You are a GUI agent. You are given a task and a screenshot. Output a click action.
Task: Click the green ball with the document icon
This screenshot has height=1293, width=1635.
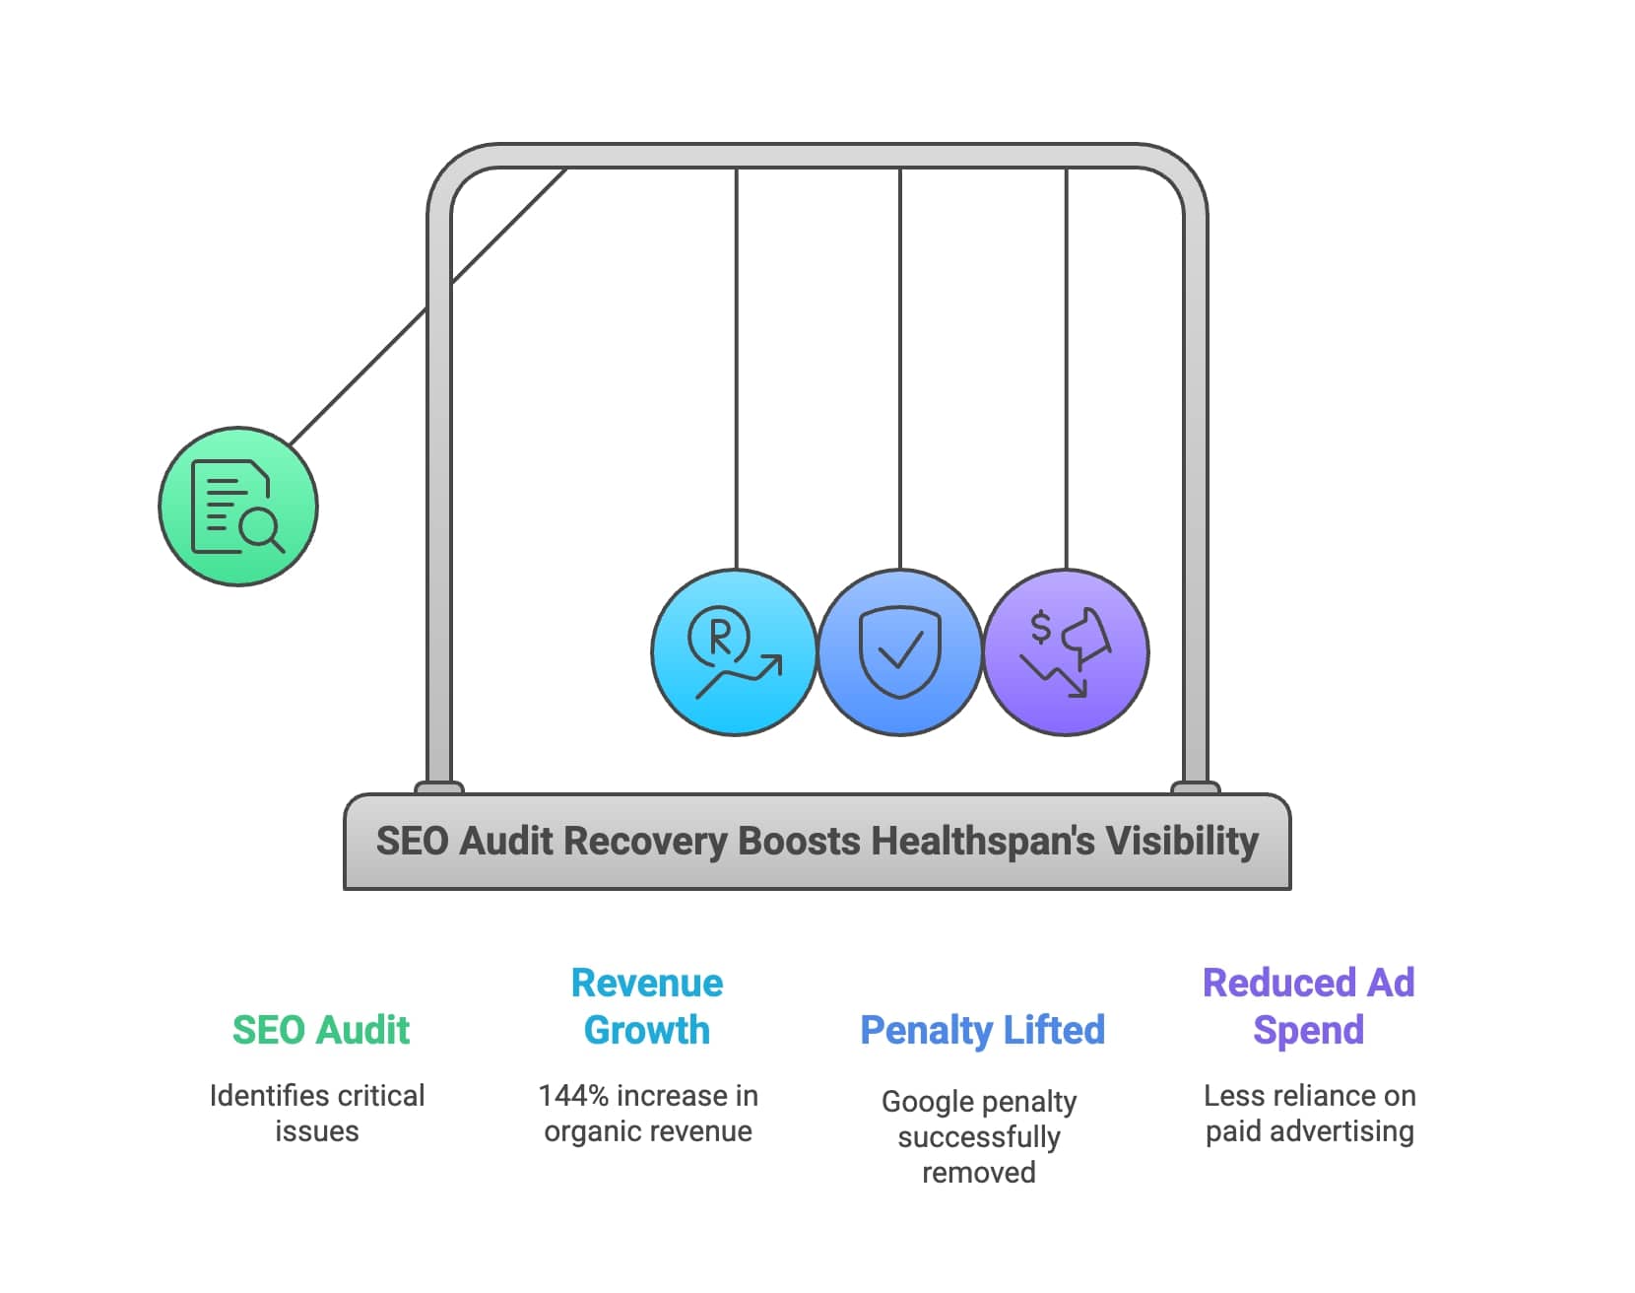click(238, 507)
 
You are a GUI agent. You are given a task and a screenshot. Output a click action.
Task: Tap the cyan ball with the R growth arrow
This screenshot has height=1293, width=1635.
click(735, 652)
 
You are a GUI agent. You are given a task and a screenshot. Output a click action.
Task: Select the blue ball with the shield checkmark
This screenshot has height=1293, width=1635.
click(900, 652)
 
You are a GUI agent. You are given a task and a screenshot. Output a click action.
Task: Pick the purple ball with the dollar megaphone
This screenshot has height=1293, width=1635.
click(1066, 652)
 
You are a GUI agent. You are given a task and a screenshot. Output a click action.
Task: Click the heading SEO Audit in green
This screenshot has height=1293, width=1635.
click(321, 1030)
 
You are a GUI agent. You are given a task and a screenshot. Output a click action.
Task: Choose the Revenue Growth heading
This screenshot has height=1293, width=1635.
click(647, 1006)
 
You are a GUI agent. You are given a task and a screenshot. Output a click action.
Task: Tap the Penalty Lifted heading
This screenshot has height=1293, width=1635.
click(982, 1030)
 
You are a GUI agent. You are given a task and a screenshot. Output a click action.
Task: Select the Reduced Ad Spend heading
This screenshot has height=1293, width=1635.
click(1308, 1006)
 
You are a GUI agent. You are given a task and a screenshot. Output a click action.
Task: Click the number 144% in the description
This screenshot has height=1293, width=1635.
click(573, 1096)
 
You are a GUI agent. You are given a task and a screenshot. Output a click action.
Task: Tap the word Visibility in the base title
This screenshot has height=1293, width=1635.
click(1182, 842)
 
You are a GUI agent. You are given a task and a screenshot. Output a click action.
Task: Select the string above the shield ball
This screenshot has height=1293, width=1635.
click(900, 374)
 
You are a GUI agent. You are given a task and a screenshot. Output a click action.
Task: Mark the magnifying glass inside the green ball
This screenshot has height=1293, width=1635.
click(262, 529)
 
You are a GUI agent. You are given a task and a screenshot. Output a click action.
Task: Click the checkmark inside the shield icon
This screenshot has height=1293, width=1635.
click(900, 650)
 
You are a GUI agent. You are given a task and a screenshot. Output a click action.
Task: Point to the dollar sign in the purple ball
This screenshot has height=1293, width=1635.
click(1040, 627)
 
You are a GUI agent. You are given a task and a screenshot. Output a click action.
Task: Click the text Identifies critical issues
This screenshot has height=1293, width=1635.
click(317, 1114)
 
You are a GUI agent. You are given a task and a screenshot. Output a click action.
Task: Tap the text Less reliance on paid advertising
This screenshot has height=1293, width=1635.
click(1309, 1114)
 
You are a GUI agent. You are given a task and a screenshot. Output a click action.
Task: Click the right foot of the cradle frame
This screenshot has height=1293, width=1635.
click(1195, 787)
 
